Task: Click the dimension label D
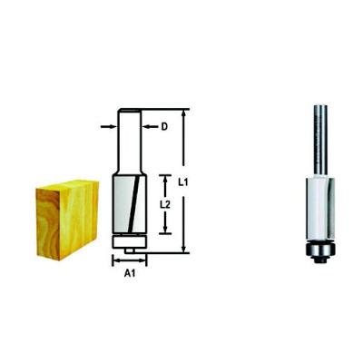(x=164, y=127)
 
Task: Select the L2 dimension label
(x=164, y=205)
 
